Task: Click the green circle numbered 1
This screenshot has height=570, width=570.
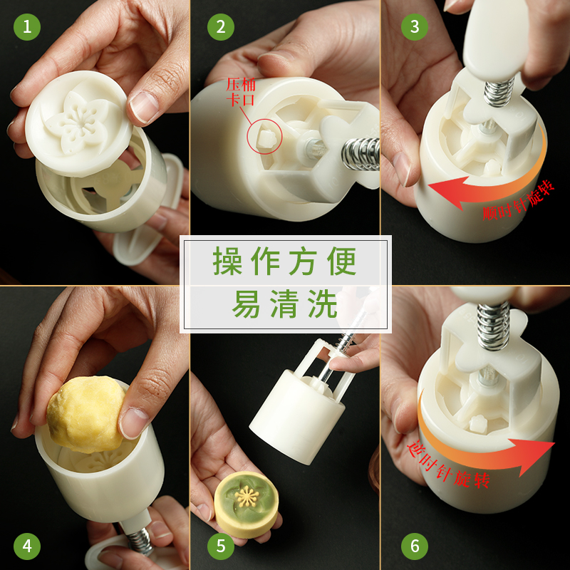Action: point(27,27)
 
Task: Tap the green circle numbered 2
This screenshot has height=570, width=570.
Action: point(221,27)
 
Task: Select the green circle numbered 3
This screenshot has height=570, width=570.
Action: point(415,27)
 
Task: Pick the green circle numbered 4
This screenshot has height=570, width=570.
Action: point(27,546)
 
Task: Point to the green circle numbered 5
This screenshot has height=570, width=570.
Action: point(221,546)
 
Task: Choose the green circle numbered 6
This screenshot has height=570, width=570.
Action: point(415,546)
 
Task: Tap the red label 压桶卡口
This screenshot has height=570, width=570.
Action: point(241,92)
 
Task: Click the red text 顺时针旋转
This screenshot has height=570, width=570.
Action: point(519,202)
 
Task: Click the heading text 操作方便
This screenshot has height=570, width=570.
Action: point(284,261)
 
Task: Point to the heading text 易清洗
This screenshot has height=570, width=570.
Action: point(284,304)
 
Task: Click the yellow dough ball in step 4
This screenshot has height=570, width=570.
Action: point(86,415)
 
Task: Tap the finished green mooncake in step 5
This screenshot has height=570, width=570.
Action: point(247,504)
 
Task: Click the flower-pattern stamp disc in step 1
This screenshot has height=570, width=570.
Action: point(79,123)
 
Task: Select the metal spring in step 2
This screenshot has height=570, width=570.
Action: point(361,154)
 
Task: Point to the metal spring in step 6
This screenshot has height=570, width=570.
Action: point(493,326)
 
